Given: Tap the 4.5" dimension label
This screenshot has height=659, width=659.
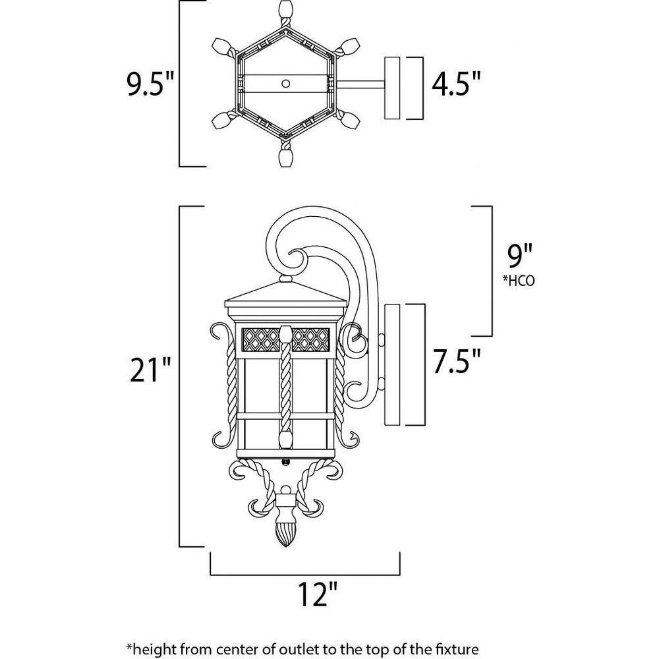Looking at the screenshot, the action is pyautogui.click(x=456, y=84).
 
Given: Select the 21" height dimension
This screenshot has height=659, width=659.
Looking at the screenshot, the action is pyautogui.click(x=150, y=370).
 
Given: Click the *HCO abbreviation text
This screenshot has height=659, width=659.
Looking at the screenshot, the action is pyautogui.click(x=519, y=281).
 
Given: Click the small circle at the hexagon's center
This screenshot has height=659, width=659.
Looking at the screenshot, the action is pyautogui.click(x=286, y=83).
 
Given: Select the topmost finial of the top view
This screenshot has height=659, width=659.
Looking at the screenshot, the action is pyautogui.click(x=286, y=9).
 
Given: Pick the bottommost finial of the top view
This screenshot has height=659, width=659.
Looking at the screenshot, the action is pyautogui.click(x=286, y=158).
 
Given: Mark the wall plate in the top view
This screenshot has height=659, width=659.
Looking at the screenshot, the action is pyautogui.click(x=393, y=88).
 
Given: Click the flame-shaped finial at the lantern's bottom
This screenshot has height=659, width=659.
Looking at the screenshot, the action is pyautogui.click(x=286, y=533).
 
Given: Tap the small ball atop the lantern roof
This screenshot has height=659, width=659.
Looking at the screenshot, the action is pyautogui.click(x=286, y=278).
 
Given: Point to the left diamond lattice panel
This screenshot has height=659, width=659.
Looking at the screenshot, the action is pyautogui.click(x=261, y=339).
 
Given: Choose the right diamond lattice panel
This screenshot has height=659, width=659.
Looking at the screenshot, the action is pyautogui.click(x=311, y=339).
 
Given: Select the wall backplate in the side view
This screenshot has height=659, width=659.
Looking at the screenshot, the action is pyautogui.click(x=392, y=365).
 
